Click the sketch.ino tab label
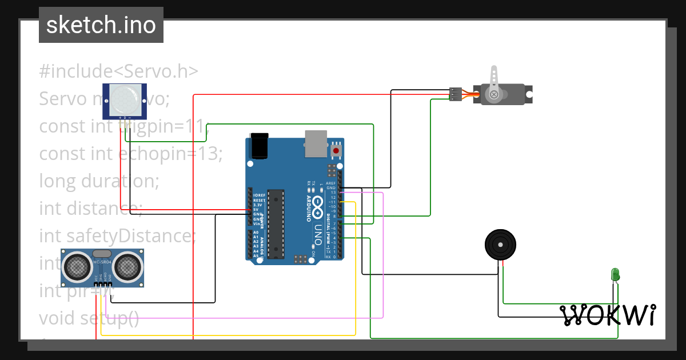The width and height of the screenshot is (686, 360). [x=101, y=25]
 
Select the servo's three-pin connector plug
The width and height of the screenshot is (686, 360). [x=455, y=94]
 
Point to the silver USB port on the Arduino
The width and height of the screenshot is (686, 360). [x=316, y=143]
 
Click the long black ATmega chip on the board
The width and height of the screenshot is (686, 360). [x=276, y=223]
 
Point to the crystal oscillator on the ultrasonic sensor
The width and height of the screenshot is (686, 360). [x=102, y=253]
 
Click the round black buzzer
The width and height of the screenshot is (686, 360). [x=501, y=245]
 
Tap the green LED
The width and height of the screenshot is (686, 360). [x=615, y=274]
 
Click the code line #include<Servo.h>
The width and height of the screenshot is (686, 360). [x=119, y=71]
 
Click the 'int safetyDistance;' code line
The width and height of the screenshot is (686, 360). [x=117, y=235]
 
